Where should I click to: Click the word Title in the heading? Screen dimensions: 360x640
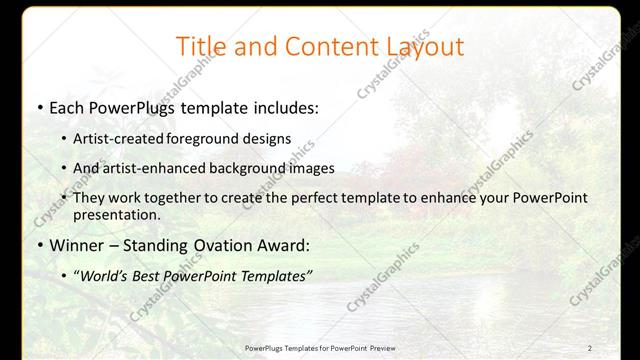[200, 47]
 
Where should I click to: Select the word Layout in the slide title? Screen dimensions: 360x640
[420, 47]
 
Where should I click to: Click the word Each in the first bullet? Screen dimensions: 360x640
[67, 107]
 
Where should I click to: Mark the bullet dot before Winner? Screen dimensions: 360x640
[39, 247]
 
